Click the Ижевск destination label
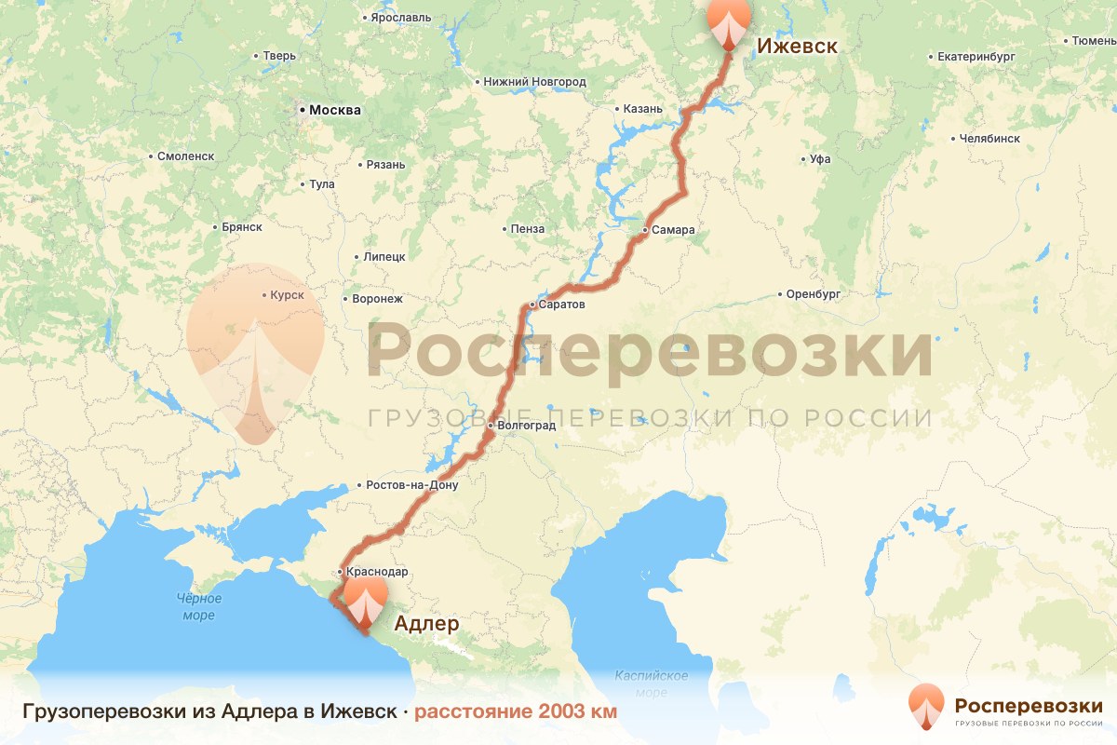797,47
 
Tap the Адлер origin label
427,623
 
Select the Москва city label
334,110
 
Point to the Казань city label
642,109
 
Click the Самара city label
672,230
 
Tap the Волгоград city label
526,426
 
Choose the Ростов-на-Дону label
412,485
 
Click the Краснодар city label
376,571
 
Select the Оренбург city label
813,294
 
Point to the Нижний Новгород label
534,82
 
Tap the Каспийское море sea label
651,684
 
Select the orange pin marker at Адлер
365,601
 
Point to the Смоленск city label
185,156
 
